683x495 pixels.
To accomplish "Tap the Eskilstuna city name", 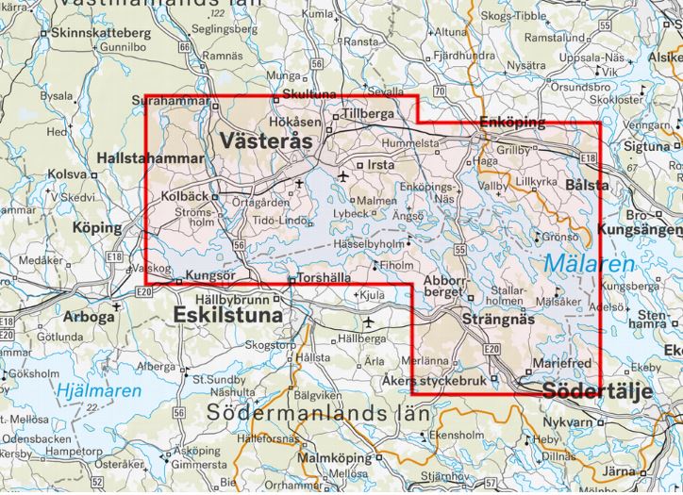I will [x=229, y=316].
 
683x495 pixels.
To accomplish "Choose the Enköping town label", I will [x=512, y=124].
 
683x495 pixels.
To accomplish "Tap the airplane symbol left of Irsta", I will [x=342, y=175].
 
